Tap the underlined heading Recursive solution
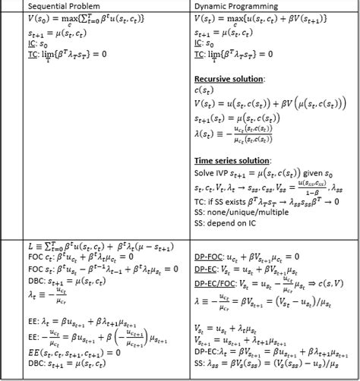(229, 78)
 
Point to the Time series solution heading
(232, 160)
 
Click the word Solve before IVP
(204, 172)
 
